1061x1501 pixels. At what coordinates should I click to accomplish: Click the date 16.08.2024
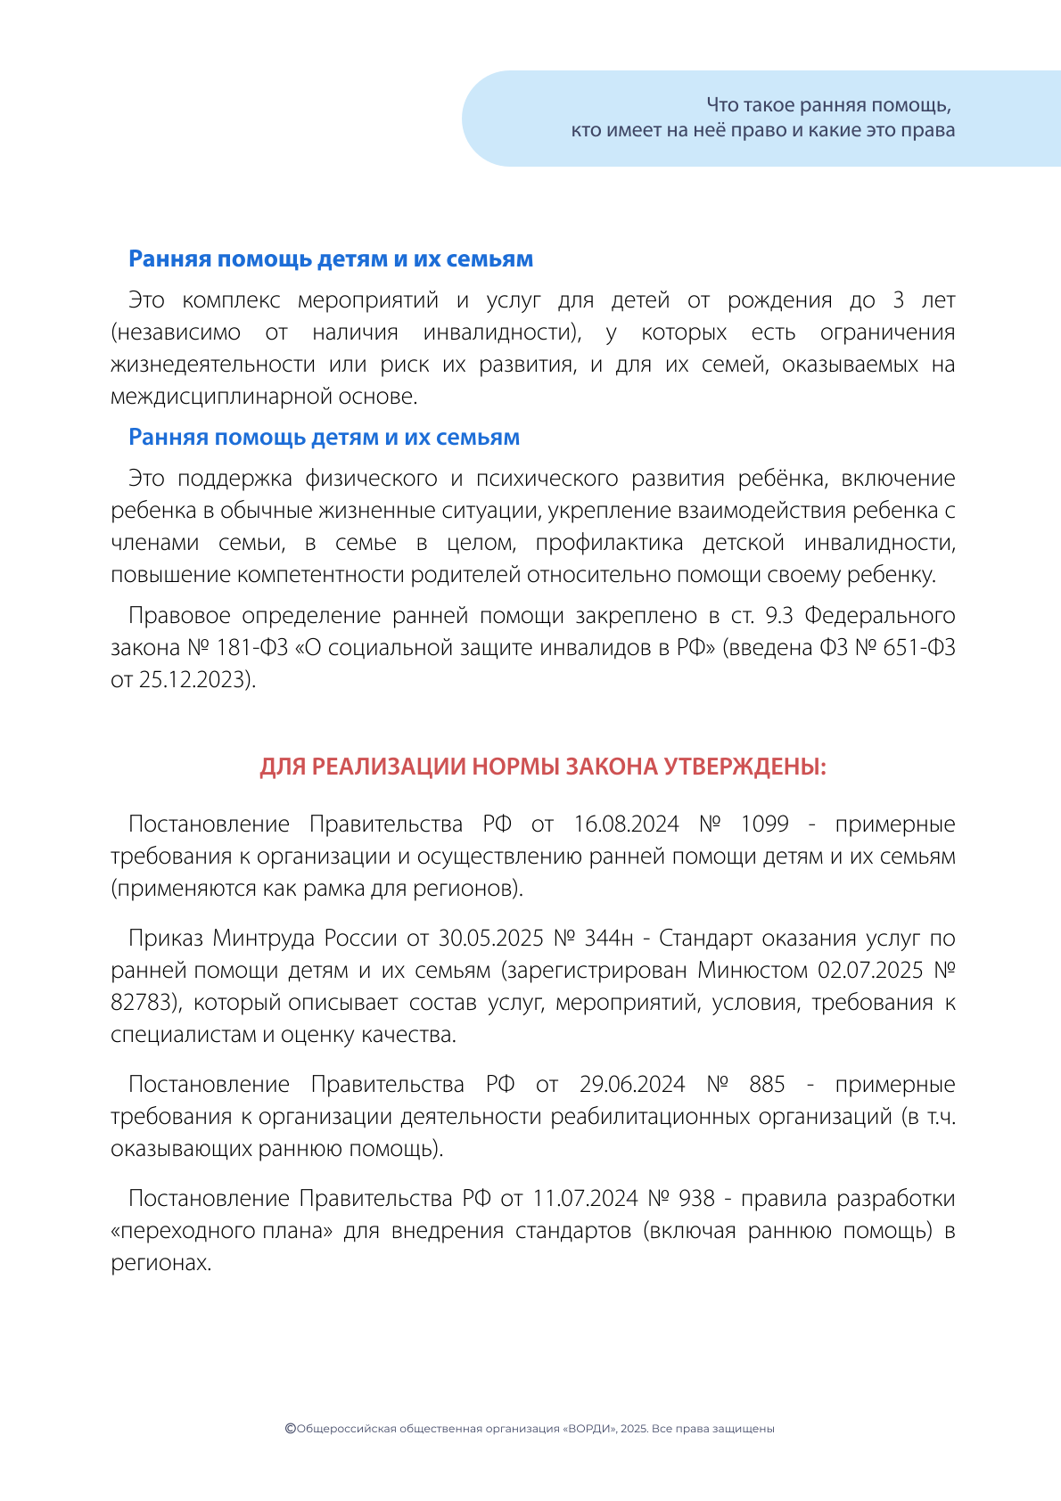[626, 824]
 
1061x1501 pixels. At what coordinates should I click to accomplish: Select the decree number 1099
[765, 824]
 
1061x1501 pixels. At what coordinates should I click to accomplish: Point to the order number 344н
[609, 938]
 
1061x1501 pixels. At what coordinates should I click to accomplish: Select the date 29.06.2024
[632, 1084]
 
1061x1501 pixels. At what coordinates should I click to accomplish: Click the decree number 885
[767, 1084]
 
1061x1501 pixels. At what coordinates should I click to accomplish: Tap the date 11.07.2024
[586, 1198]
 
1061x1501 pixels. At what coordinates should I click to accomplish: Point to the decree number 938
[697, 1198]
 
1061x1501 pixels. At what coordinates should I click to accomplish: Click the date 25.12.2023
[192, 679]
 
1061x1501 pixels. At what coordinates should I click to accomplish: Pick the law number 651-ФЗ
[919, 647]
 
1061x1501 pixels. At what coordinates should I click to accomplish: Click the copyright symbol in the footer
[290, 1428]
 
